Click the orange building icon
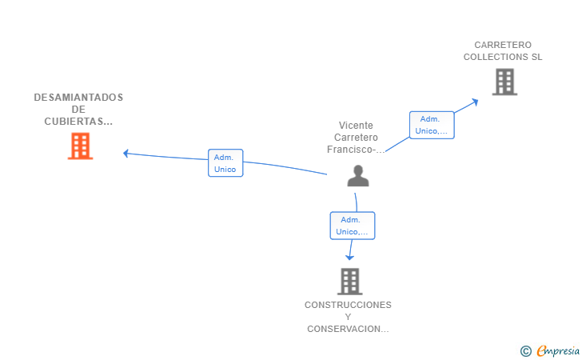coord(80,146)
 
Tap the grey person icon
coord(358,176)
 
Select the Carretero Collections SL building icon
coord(504,82)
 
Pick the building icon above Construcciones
coord(349,282)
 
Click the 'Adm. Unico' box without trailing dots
coord(225,163)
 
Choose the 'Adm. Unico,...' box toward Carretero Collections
coord(432,125)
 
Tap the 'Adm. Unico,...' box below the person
coord(353,226)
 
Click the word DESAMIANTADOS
coord(78,98)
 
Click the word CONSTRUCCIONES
coord(348,305)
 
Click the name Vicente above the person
coord(356,126)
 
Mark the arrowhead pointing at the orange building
coord(126,153)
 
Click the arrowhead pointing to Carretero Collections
coord(475,101)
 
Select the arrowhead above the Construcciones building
coord(349,256)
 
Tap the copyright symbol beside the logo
coord(525,350)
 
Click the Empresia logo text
coord(558,350)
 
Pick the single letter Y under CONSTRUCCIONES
coord(348,317)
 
